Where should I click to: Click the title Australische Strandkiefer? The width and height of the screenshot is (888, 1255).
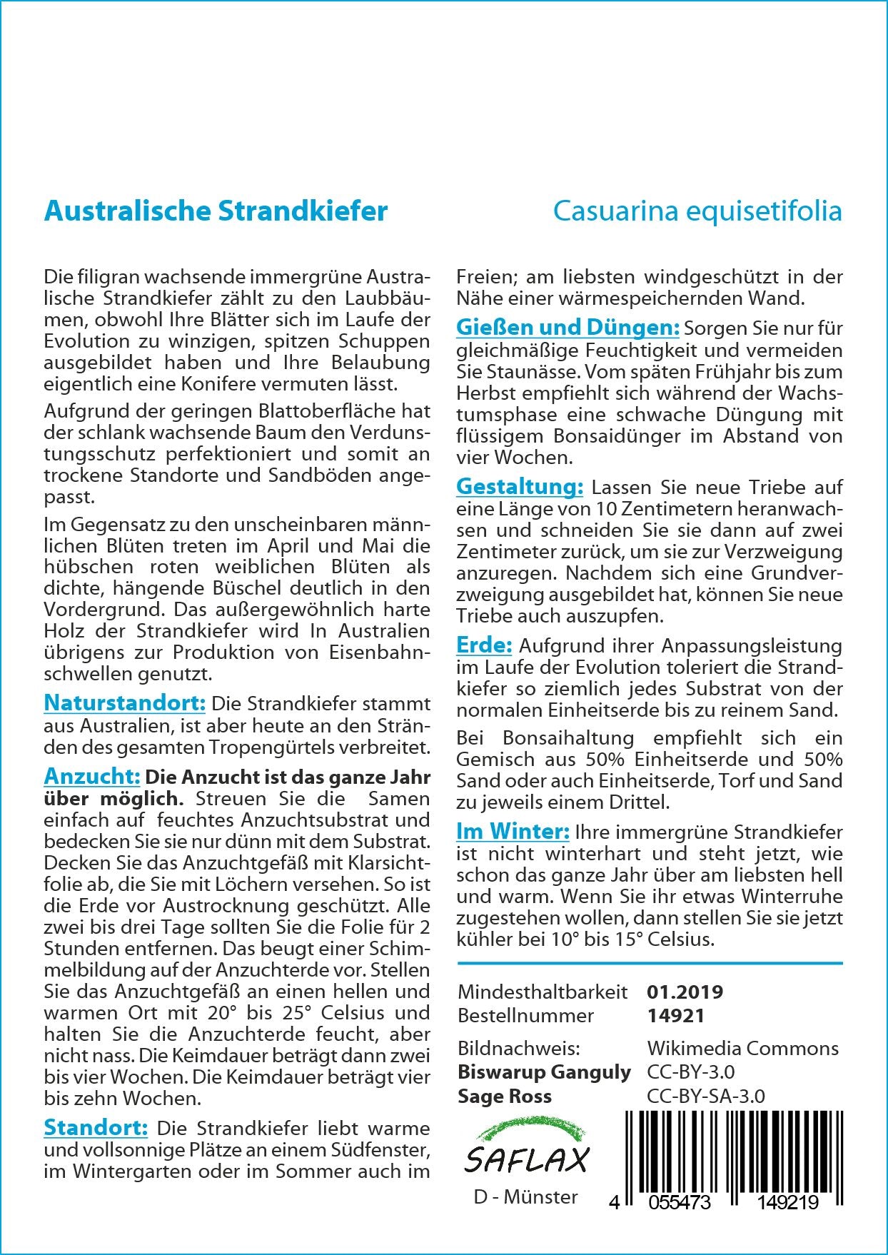pos(216,211)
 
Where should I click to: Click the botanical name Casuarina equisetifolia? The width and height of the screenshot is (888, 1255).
pos(697,211)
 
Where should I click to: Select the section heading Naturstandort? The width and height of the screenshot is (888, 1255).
pos(124,703)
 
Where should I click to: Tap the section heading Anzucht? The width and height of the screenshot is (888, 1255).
pos(91,776)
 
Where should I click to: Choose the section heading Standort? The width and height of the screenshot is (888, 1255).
pos(96,1128)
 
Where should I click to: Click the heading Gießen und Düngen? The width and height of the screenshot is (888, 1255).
pos(567,328)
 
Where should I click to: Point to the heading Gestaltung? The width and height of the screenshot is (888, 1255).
pos(520,487)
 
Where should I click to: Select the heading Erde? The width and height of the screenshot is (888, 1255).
pos(484,645)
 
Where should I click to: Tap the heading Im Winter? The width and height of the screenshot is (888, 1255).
pos(513,832)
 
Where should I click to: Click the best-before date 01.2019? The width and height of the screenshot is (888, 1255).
pos(685,992)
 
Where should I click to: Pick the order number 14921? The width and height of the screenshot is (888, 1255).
pos(675,1015)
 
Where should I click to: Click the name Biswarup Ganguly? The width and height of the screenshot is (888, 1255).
pos(544,1072)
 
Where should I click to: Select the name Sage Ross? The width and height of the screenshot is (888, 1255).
pos(505,1096)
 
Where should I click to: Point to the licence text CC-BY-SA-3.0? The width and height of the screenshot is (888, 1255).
pos(705,1096)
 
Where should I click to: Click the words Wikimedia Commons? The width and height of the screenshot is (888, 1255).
pos(742,1048)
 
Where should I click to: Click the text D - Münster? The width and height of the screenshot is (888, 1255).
pos(525,1196)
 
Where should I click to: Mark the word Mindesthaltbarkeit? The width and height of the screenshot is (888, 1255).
pos(543,992)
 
